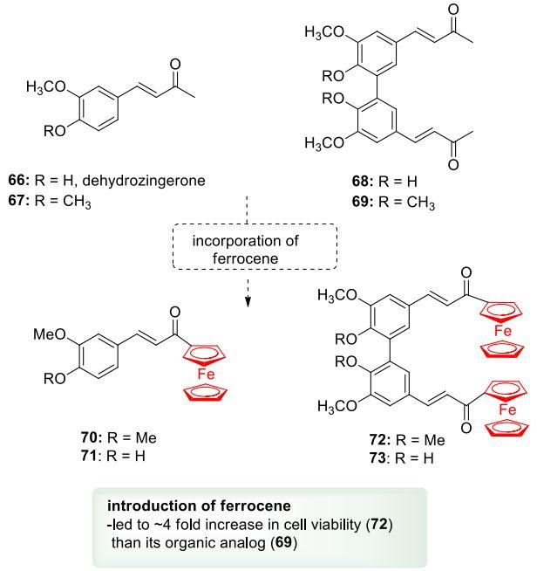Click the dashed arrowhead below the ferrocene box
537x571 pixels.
click(246, 302)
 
